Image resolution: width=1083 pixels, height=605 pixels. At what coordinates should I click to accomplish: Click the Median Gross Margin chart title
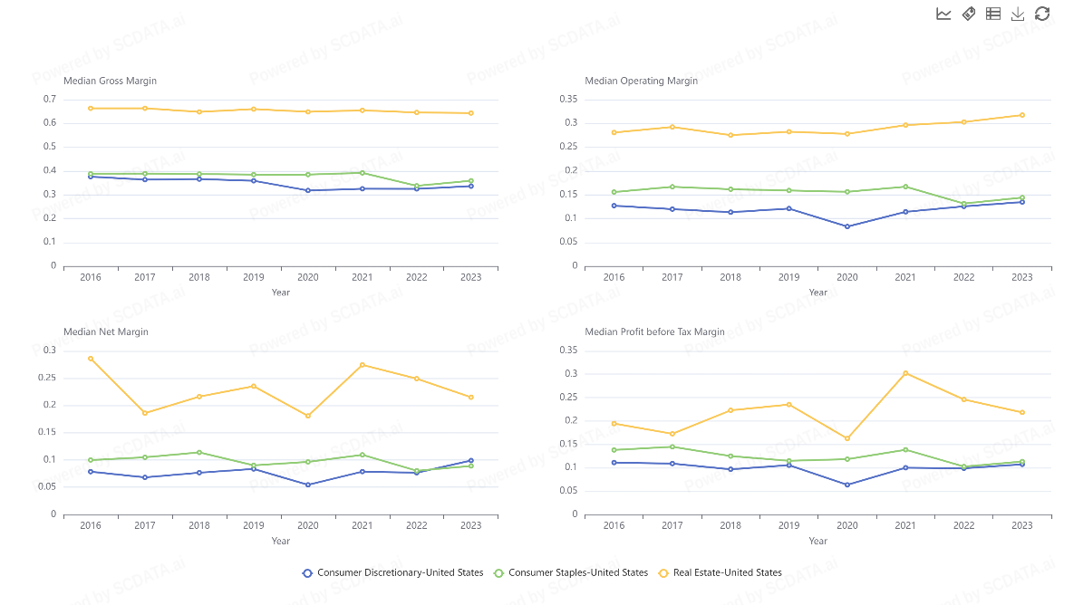point(110,81)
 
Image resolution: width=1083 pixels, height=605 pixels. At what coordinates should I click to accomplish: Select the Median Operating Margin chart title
point(641,81)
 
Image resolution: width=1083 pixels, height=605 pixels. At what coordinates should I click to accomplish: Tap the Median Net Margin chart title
point(105,331)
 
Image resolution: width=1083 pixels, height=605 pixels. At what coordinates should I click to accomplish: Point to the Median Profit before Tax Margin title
point(654,331)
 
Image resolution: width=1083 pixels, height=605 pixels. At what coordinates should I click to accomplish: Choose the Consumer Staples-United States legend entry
point(570,572)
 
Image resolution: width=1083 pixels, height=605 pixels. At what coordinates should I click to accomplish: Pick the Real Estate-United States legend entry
point(720,572)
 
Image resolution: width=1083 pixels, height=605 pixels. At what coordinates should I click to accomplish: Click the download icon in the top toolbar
point(1018,14)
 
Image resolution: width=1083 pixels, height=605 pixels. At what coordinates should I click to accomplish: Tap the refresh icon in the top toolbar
point(1042,14)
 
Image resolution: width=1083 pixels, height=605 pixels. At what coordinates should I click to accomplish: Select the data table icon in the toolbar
point(993,14)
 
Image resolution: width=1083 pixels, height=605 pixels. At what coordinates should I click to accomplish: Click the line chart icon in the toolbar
point(943,14)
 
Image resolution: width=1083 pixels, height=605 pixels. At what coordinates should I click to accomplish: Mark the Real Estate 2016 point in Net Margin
point(91,359)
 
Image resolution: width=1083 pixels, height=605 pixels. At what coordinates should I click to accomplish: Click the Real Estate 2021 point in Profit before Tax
point(905,373)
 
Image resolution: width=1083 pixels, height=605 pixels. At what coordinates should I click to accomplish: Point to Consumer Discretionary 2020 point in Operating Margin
point(847,226)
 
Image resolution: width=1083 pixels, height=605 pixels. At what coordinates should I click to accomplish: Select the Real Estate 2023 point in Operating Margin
point(1021,115)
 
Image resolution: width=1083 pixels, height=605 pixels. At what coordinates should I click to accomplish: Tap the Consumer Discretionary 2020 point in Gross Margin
point(308,190)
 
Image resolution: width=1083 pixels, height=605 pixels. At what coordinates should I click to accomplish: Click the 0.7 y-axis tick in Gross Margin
point(49,99)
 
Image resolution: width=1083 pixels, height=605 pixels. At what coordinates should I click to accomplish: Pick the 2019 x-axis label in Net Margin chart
point(254,525)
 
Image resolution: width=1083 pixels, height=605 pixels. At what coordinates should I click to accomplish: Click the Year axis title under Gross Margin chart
point(281,292)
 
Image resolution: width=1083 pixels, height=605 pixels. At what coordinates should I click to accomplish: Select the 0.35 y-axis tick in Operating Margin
point(568,99)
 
